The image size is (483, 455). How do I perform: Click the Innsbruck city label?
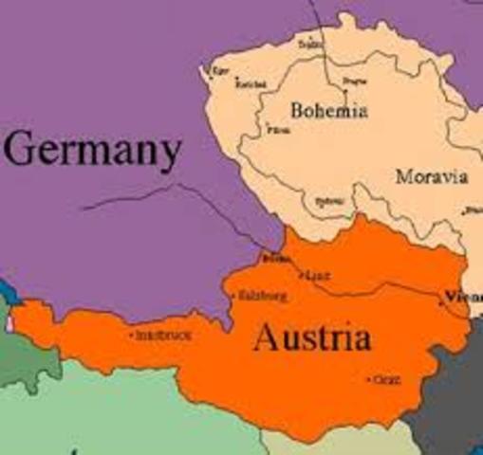pos(158,335)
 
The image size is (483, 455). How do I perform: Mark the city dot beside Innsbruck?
pos(131,335)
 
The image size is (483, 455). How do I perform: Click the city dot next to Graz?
pos(368,380)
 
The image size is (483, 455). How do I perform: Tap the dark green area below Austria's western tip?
pos(19,360)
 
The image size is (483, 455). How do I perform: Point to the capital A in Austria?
pos(268,338)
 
